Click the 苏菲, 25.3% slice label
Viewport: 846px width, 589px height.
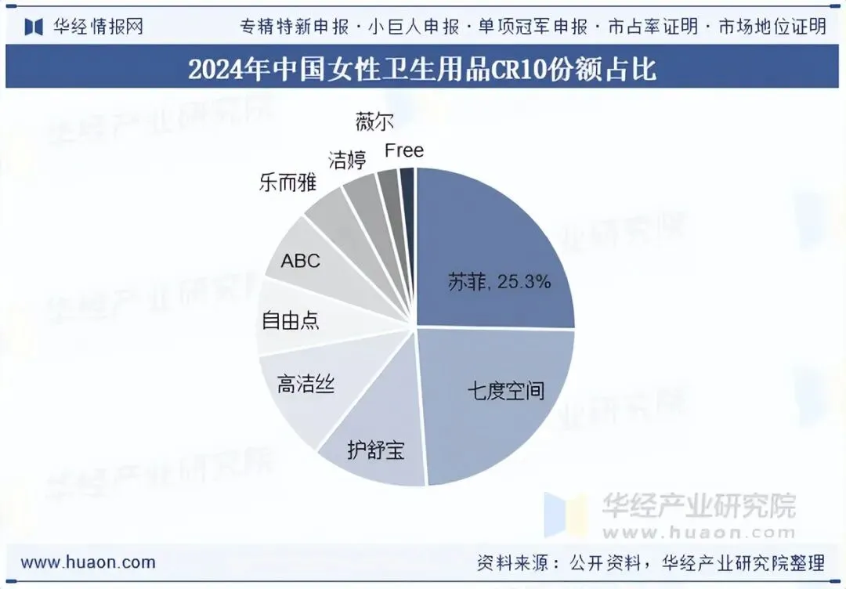499,281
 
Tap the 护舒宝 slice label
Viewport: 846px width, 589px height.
376,450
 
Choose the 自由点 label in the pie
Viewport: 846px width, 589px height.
291,320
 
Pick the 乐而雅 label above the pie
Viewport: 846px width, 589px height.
287,182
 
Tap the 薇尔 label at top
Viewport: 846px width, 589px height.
374,121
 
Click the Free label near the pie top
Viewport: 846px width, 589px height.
404,150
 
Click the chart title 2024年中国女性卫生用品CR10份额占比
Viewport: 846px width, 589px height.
422,68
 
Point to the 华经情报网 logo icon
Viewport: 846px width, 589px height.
34,27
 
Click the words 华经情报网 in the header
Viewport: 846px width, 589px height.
98,27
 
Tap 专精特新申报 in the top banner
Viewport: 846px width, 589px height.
295,27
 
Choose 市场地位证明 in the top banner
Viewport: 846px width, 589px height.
772,27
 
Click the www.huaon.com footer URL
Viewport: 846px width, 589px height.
88,562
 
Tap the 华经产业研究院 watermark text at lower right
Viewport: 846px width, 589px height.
699,505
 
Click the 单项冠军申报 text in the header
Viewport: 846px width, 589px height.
533,27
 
